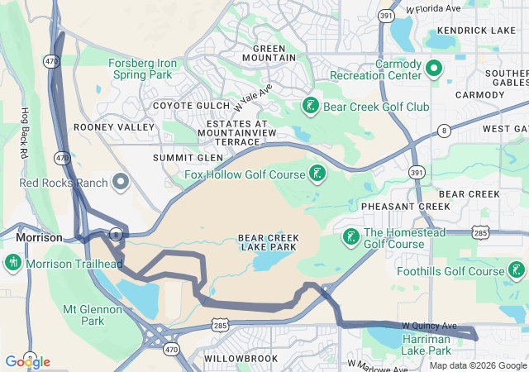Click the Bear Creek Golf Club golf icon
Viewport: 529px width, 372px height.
[310, 106]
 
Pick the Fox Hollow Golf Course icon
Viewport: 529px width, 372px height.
[317, 173]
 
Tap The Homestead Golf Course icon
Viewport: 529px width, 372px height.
[350, 237]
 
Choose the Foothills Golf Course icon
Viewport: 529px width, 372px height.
[517, 269]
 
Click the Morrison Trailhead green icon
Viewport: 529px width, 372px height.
[13, 264]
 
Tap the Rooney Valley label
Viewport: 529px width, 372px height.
[114, 127]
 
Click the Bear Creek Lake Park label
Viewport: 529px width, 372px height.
[269, 242]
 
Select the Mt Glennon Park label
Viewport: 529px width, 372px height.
[93, 315]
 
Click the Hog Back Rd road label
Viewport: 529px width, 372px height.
[26, 133]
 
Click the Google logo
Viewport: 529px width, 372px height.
[27, 361]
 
